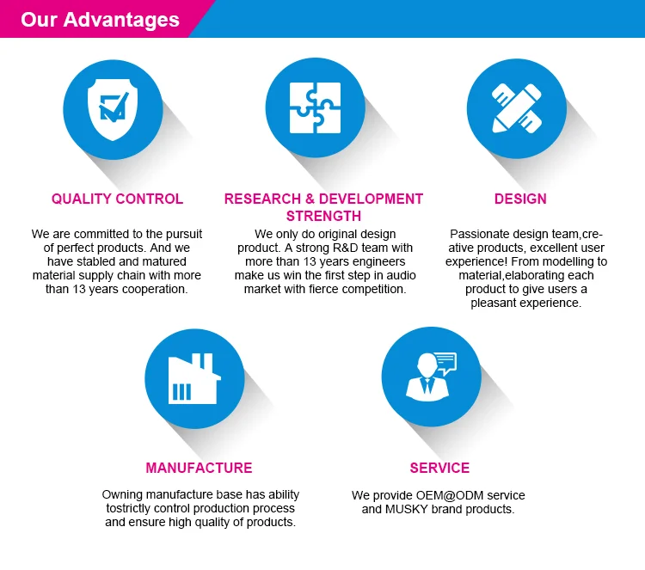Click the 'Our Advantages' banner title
tap(100, 20)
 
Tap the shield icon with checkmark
tap(113, 109)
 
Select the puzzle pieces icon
tap(315, 107)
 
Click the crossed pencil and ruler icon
tap(517, 108)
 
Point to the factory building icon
tap(194, 378)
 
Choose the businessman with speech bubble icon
tap(431, 377)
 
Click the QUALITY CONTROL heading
tap(117, 199)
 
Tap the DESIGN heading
tap(520, 199)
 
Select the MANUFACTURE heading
tap(200, 468)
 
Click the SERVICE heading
tap(439, 468)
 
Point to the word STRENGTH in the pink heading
tap(323, 217)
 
